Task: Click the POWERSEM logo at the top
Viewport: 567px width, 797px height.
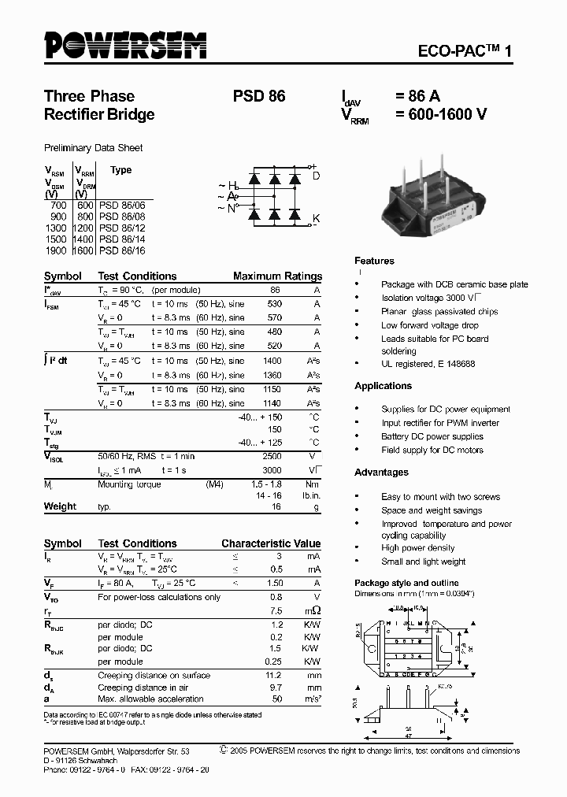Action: coord(125,45)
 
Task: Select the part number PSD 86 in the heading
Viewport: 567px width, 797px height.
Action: coord(258,97)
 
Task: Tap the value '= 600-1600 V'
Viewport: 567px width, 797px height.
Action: coord(440,114)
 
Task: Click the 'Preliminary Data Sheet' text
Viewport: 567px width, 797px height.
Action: coord(93,148)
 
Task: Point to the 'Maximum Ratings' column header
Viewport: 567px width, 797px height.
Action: coord(277,276)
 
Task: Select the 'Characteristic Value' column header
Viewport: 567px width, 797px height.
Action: coord(271,544)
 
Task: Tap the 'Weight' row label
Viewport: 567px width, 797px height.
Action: coord(60,506)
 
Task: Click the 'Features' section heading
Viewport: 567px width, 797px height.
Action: coord(374,261)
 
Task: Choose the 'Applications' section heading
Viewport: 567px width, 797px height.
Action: coord(383,386)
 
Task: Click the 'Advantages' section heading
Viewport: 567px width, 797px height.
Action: coord(381,473)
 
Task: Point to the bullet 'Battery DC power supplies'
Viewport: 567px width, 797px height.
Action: coord(432,436)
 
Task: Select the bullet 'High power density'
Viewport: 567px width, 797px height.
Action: coord(417,548)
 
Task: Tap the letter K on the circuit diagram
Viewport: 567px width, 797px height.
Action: coord(317,217)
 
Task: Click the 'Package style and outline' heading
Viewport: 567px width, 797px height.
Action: coord(406,583)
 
